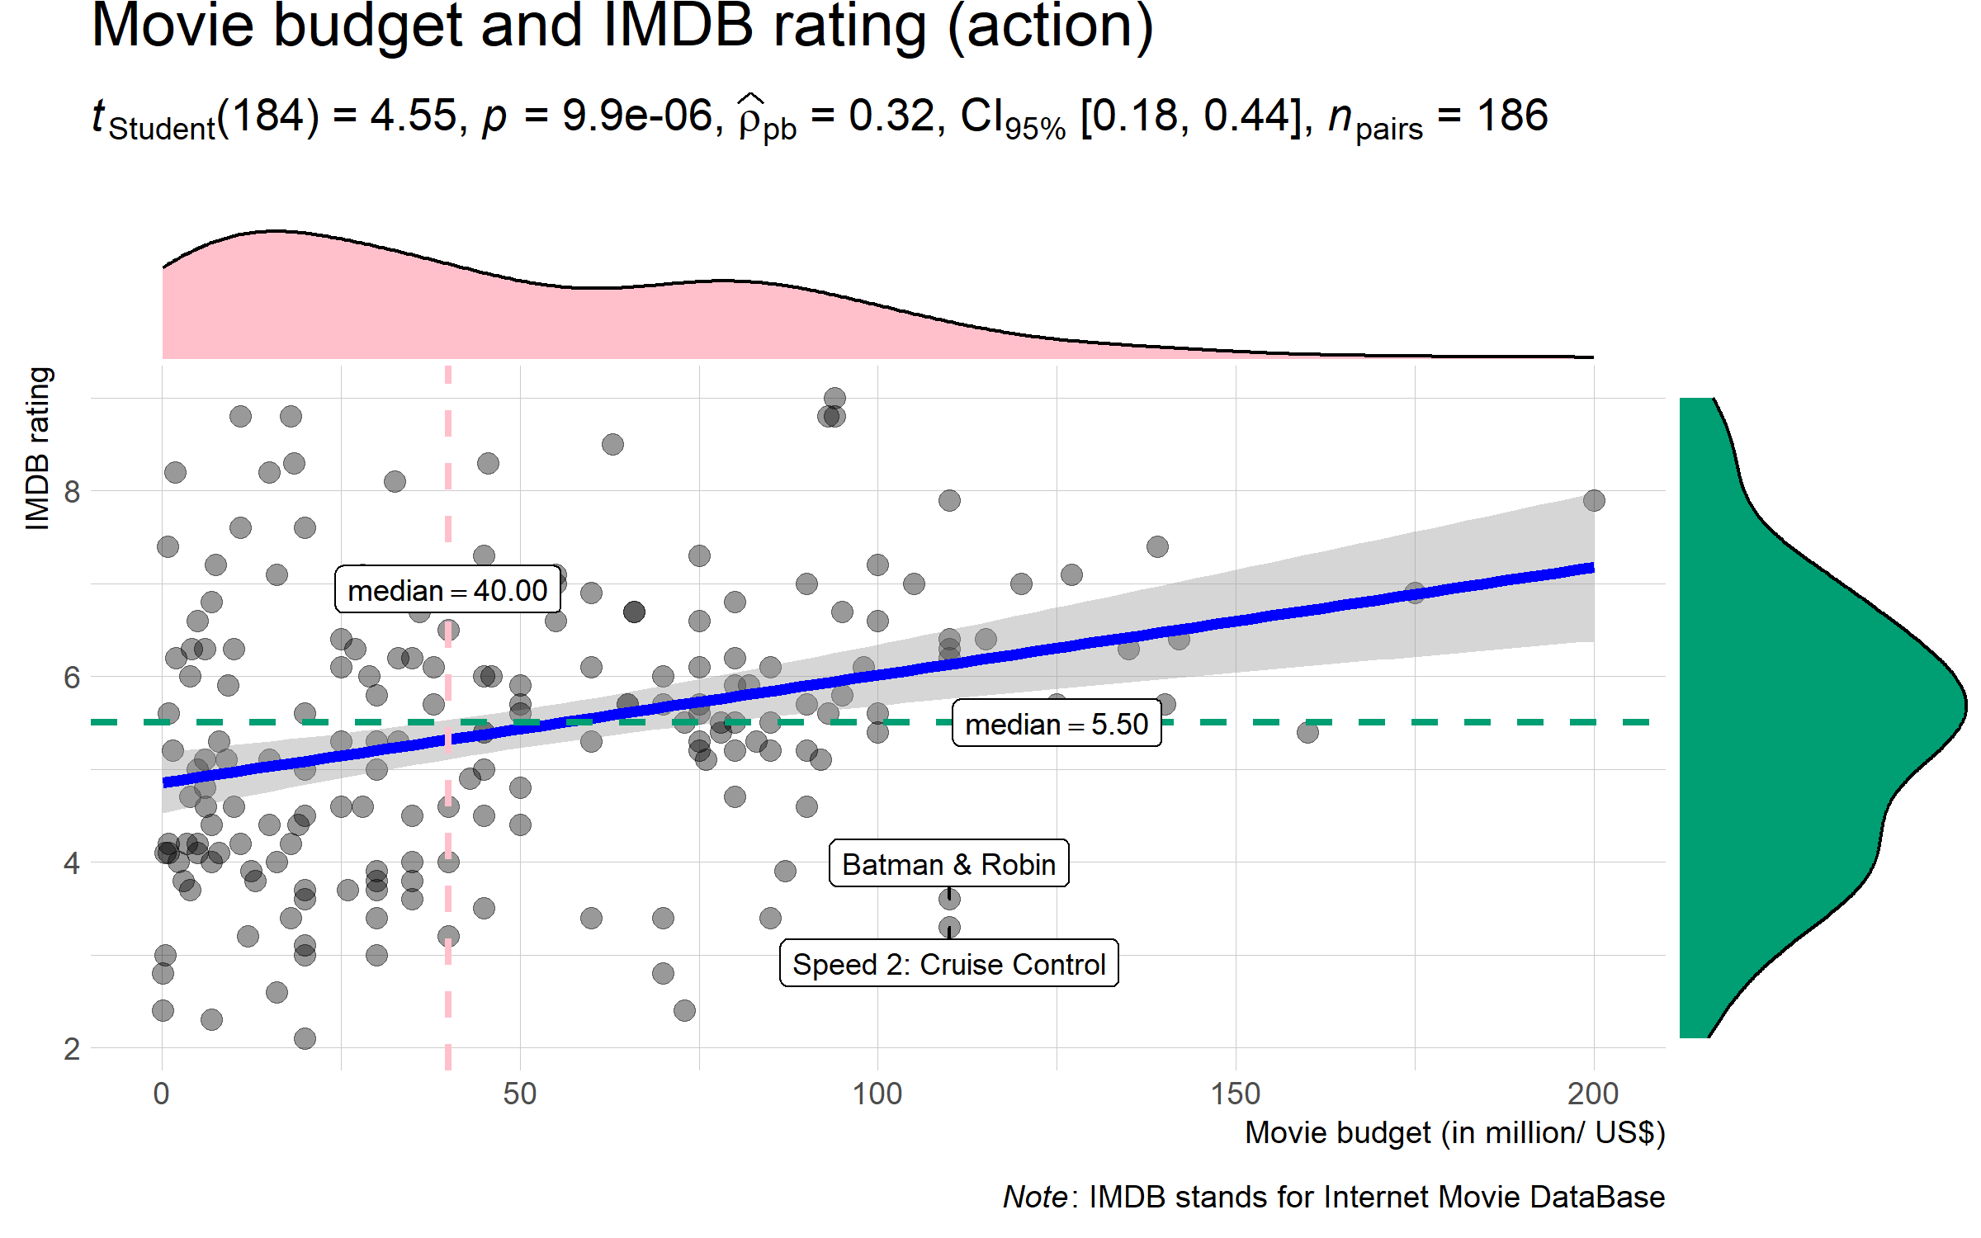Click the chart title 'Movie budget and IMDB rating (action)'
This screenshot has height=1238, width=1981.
(622, 26)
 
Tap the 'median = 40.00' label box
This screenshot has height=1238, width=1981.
(447, 590)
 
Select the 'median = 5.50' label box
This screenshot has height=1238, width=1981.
(1057, 724)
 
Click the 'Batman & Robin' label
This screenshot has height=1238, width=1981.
(948, 864)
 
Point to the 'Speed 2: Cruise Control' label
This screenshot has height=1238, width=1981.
(948, 964)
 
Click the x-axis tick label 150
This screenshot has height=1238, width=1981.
(1235, 1094)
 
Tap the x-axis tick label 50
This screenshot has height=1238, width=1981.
(519, 1094)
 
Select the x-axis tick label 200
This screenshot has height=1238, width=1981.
(1592, 1094)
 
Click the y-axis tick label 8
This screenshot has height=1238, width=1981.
(72, 492)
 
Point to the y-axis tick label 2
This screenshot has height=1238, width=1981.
(72, 1050)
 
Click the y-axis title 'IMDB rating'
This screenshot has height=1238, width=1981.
(38, 448)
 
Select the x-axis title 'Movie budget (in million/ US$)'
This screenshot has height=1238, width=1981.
(1454, 1133)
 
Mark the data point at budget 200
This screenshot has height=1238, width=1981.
(1594, 500)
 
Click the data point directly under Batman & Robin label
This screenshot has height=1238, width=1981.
(949, 899)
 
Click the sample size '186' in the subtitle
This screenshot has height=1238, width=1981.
(1512, 116)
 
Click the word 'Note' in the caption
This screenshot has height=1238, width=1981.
(1035, 1197)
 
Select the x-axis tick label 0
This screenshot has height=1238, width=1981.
(162, 1094)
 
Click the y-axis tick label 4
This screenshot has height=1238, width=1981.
(72, 864)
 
